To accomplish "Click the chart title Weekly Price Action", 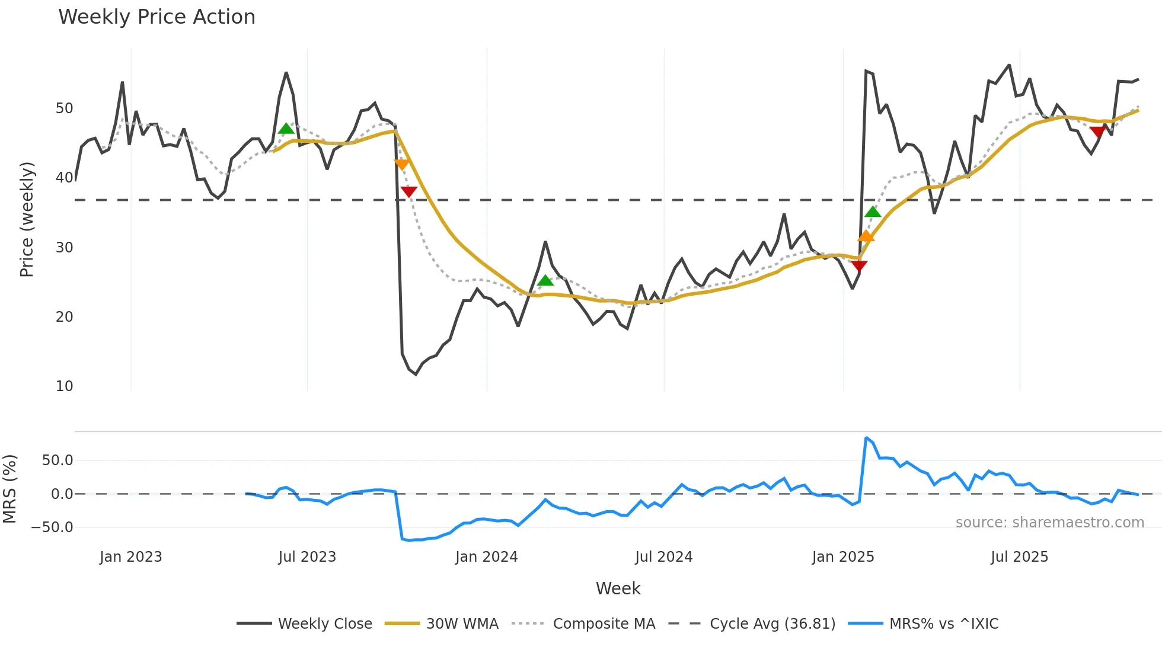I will pyautogui.click(x=157, y=17).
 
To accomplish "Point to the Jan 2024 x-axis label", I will pyautogui.click(x=486, y=557).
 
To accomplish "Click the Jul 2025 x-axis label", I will pyautogui.click(x=1019, y=557).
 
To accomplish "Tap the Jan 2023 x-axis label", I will pyautogui.click(x=130, y=557).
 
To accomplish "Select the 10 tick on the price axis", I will pyautogui.click(x=64, y=386).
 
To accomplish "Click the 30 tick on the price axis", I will pyautogui.click(x=64, y=248).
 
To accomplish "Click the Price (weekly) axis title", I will pyautogui.click(x=27, y=219).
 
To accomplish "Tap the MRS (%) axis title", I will pyautogui.click(x=9, y=489).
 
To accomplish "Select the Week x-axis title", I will pyautogui.click(x=618, y=588).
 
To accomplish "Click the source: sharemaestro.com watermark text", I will pyautogui.click(x=1049, y=523).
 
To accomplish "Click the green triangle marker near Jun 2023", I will pyautogui.click(x=286, y=129).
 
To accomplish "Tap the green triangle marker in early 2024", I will pyautogui.click(x=545, y=280).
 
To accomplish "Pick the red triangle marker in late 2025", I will pyautogui.click(x=1097, y=132).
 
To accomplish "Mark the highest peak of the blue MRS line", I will pyautogui.click(x=866, y=438).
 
